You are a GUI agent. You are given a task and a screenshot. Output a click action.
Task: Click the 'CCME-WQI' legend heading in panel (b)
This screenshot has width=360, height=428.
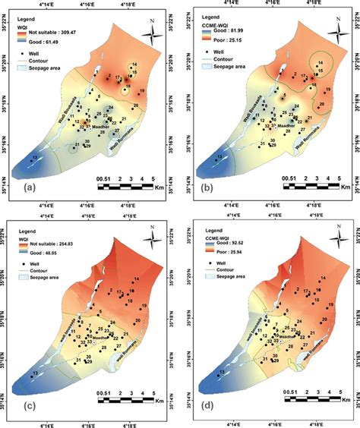(x=218, y=17)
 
